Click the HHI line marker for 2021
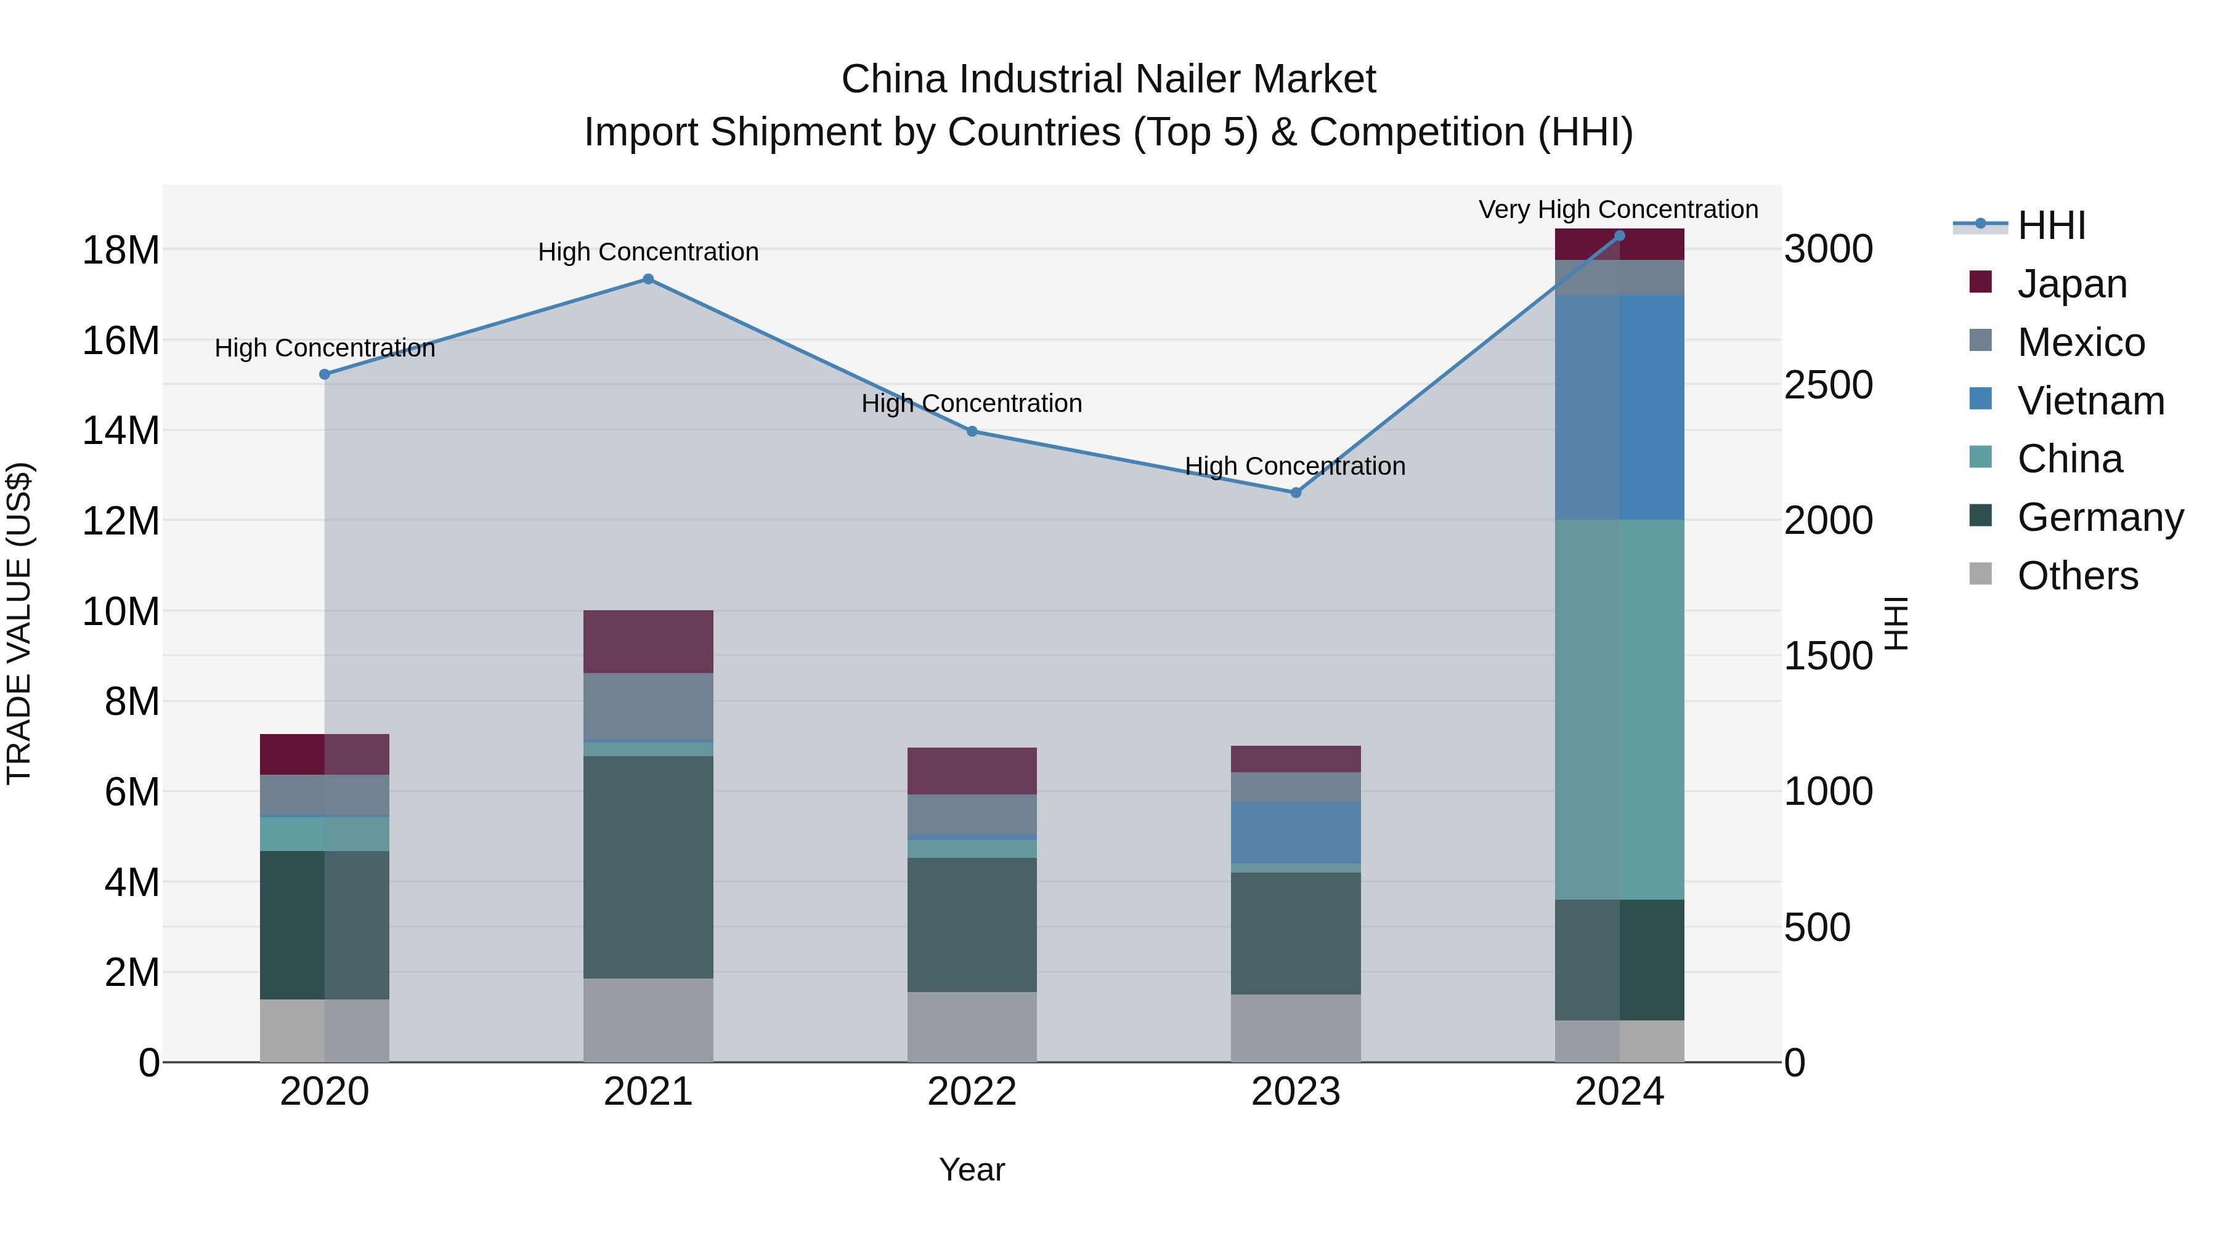pyautogui.click(x=648, y=279)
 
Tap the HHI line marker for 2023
pyautogui.click(x=1295, y=492)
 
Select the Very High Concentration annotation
pyautogui.click(x=1618, y=209)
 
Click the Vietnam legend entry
pyautogui.click(x=2090, y=401)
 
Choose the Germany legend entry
pyautogui.click(x=2099, y=517)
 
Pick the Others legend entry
pyautogui.click(x=2077, y=576)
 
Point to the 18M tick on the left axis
pyautogui.click(x=121, y=251)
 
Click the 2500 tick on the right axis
pyautogui.click(x=1827, y=385)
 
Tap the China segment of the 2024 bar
pyautogui.click(x=1619, y=709)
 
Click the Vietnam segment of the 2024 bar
pyautogui.click(x=1619, y=406)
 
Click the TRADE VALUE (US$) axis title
pyautogui.click(x=19, y=623)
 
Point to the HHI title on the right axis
pyautogui.click(x=1896, y=623)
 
